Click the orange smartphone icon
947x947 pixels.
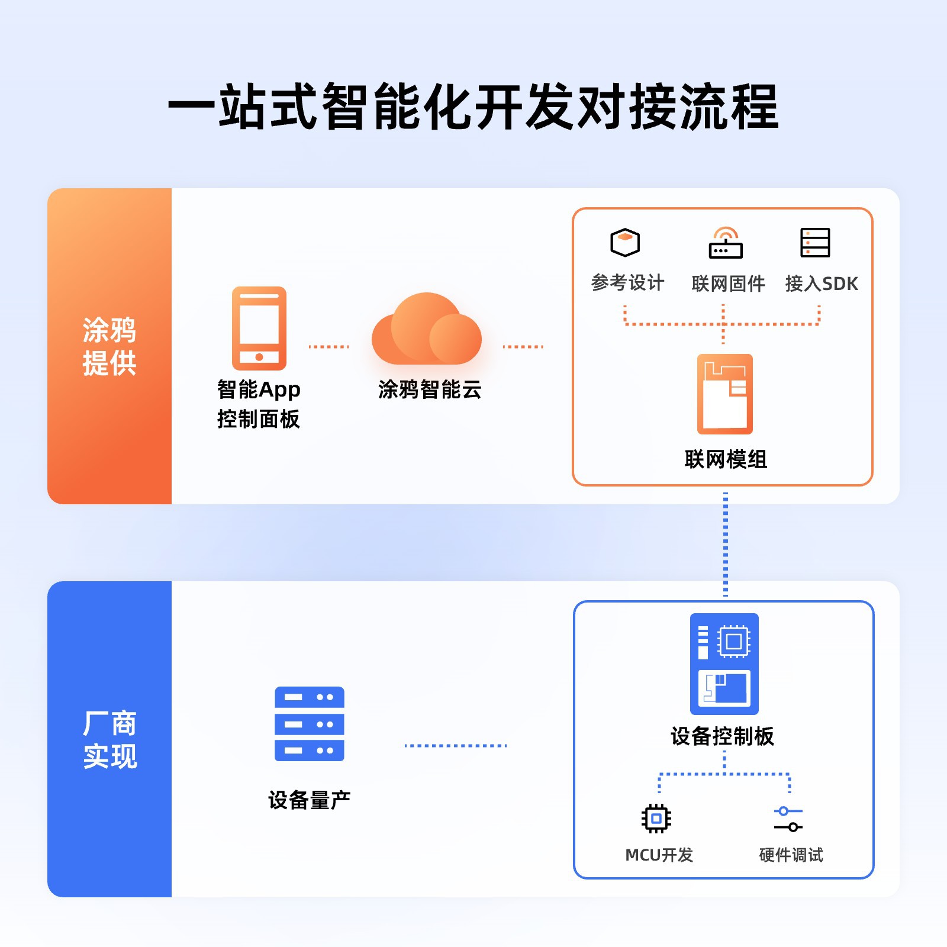point(259,328)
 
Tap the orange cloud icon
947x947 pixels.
point(426,330)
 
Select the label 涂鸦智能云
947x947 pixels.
point(430,389)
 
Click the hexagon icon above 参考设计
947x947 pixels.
point(625,243)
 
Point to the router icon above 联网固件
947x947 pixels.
point(726,243)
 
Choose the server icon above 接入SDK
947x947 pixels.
point(815,243)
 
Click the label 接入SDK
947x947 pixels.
point(822,284)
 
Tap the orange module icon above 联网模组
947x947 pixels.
point(725,394)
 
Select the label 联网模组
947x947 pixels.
point(726,459)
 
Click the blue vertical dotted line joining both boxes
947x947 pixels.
point(726,543)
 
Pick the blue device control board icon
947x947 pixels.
point(724,663)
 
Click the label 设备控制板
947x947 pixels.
point(722,736)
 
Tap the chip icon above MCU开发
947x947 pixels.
point(656,819)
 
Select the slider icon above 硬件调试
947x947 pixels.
point(788,819)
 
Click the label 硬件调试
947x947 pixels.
point(791,855)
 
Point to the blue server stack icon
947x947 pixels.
point(310,724)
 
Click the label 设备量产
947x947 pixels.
point(309,800)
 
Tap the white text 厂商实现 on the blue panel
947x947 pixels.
point(110,740)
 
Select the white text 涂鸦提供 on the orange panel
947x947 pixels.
point(109,346)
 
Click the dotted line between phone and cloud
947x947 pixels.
point(329,347)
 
